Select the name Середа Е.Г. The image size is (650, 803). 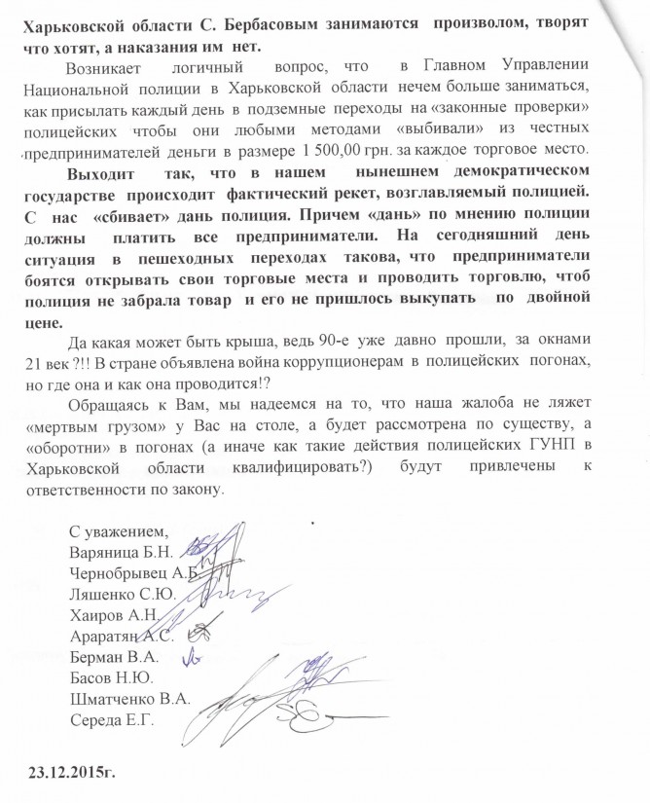[x=112, y=722]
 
